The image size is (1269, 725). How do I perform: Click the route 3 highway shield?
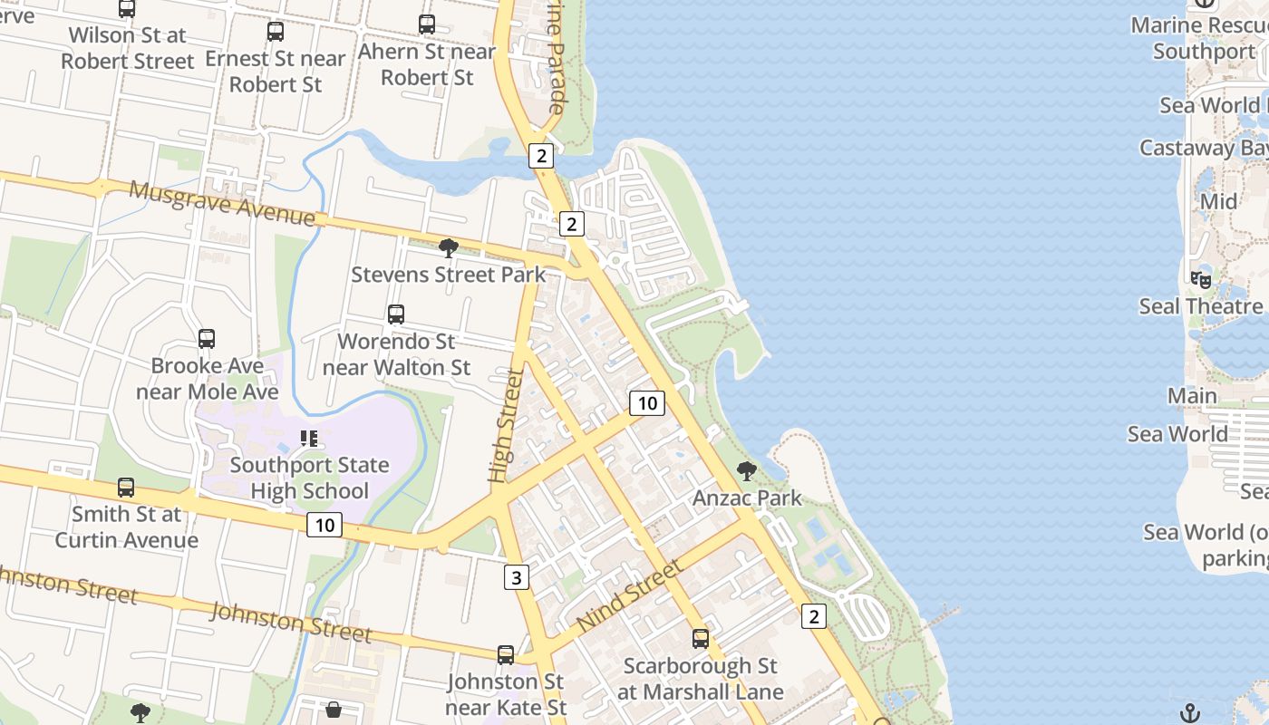click(x=516, y=577)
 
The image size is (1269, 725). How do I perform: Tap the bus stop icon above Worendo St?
click(x=396, y=314)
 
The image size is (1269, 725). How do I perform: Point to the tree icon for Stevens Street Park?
click(x=448, y=247)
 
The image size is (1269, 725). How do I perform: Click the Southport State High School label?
click(x=309, y=478)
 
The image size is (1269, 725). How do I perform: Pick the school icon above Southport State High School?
click(x=309, y=439)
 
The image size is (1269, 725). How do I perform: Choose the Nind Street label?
click(x=629, y=596)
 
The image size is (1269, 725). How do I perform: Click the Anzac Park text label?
click(x=747, y=498)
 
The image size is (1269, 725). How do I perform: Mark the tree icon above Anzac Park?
click(x=747, y=470)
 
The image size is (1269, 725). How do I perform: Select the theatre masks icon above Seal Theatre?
click(x=1201, y=279)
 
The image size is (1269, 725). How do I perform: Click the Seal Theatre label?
click(x=1200, y=306)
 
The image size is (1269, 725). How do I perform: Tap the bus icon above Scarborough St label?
click(x=701, y=639)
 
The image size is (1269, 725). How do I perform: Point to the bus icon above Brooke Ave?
click(x=207, y=339)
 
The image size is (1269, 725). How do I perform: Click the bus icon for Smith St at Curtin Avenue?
click(x=126, y=488)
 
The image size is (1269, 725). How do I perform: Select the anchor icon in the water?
click(x=1190, y=713)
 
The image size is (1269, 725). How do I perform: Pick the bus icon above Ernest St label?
click(x=276, y=32)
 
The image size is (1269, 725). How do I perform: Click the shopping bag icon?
click(x=334, y=710)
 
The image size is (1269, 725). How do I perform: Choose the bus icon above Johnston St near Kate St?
click(x=506, y=654)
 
